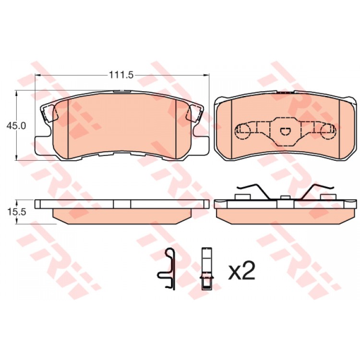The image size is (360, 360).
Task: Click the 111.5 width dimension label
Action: pyautogui.click(x=121, y=75)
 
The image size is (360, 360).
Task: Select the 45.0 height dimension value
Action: pyautogui.click(x=16, y=126)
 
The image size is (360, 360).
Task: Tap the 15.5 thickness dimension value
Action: pyautogui.click(x=17, y=212)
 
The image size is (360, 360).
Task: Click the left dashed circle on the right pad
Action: pyautogui.click(x=242, y=132)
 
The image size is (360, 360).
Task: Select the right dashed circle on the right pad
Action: pyautogui.click(x=328, y=132)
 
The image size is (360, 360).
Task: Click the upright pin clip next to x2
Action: pyautogui.click(x=206, y=269)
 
